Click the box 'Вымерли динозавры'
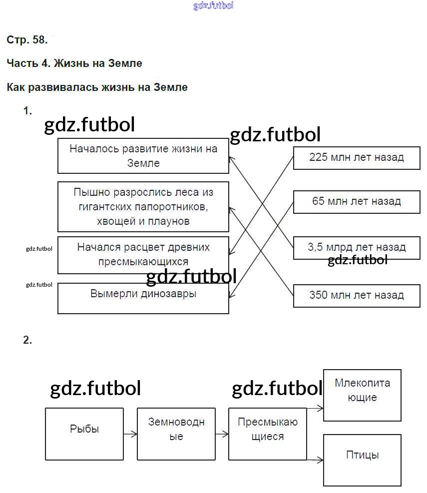143,298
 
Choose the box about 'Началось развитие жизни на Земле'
143,156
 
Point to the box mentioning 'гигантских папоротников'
143,206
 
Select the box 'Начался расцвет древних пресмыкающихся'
143,255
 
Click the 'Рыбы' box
84,434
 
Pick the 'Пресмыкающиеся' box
268,434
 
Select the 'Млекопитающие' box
362,395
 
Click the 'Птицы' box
362,460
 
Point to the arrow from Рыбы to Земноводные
130,434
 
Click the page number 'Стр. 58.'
27,40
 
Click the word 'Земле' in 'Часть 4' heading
125,63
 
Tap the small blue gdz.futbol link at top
213,6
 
